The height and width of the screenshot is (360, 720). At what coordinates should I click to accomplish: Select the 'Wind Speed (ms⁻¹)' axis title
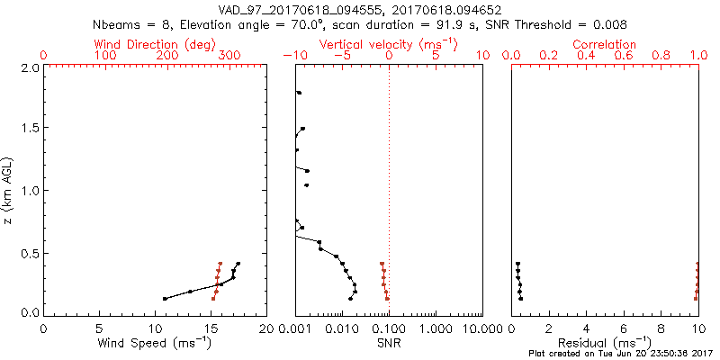point(155,343)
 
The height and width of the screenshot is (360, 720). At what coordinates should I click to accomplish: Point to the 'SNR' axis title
point(389,343)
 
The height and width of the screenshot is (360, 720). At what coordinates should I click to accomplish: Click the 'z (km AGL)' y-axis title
point(8,190)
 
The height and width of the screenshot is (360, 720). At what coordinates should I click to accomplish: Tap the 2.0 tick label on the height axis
point(28,67)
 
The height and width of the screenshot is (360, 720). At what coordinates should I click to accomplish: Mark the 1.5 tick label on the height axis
point(28,129)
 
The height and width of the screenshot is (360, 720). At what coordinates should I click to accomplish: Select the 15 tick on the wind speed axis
point(210,328)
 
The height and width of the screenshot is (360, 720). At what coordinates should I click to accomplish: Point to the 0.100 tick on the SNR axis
point(389,328)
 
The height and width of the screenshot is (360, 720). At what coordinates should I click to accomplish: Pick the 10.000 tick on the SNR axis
point(481,328)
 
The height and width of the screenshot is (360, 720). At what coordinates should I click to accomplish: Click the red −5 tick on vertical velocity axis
point(342,56)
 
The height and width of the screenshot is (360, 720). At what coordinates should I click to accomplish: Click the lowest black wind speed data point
point(165,299)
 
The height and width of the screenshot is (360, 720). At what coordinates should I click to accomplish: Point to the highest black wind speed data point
point(238,264)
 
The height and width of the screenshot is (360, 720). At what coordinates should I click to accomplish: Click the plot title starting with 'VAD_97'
point(359,9)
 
